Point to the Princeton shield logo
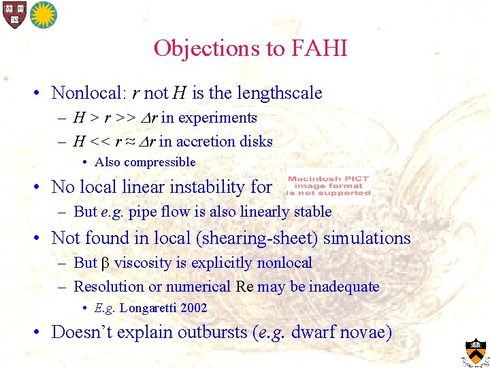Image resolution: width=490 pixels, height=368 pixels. click(x=476, y=352)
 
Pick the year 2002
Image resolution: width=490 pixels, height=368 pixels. click(x=194, y=308)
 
